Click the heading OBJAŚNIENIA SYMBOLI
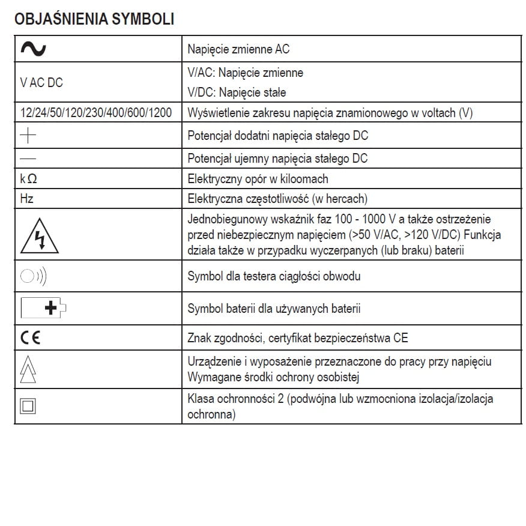[x=94, y=19]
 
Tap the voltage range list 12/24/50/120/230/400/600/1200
[x=96, y=113]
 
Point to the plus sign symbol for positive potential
[x=28, y=136]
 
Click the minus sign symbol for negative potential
[x=28, y=159]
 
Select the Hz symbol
[x=27, y=198]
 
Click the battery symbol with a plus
[x=43, y=309]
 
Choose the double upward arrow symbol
[x=28, y=369]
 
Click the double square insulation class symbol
[x=28, y=406]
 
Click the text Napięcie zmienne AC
[x=238, y=49]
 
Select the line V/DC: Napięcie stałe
[x=237, y=92]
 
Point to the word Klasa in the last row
[x=201, y=399]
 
